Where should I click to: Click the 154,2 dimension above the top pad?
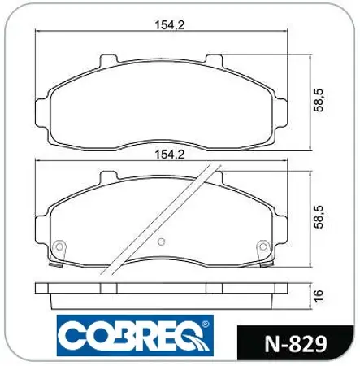click(x=169, y=25)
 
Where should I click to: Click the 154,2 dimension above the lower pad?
click(x=169, y=155)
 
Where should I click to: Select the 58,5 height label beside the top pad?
click(x=319, y=101)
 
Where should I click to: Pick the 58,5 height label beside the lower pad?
click(x=319, y=217)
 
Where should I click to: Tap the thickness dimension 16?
click(x=319, y=295)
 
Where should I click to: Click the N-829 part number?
click(x=296, y=343)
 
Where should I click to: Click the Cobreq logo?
click(x=135, y=335)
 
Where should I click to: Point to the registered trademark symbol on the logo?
click(x=206, y=324)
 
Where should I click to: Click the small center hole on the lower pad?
click(x=161, y=242)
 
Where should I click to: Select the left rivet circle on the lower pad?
click(x=59, y=246)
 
